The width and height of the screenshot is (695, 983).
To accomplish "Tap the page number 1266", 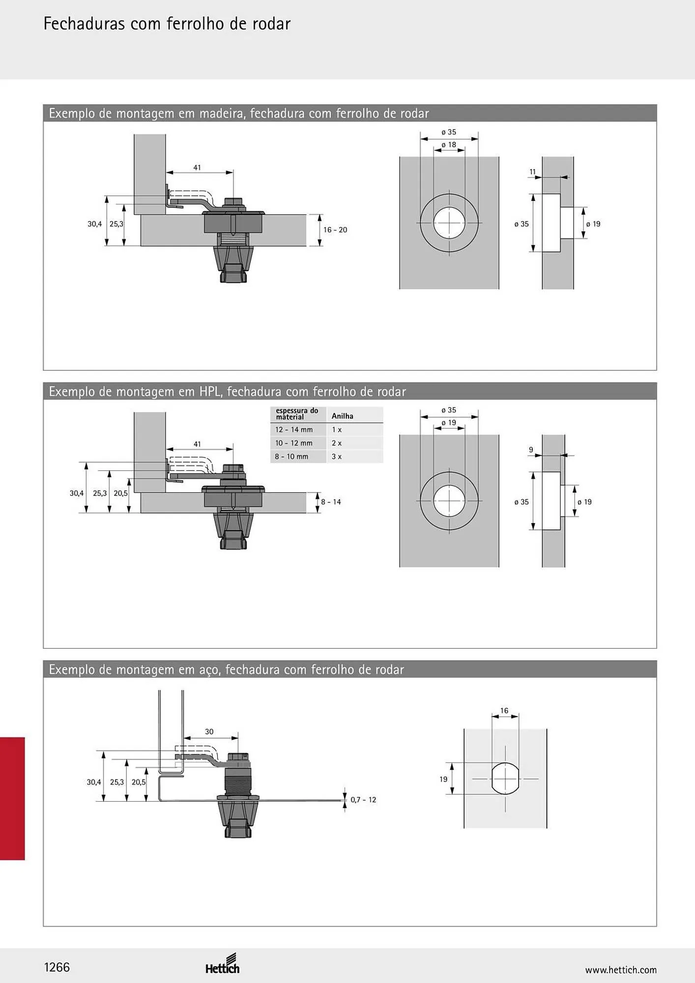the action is click(57, 967).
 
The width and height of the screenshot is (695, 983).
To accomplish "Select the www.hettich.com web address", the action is click(621, 970).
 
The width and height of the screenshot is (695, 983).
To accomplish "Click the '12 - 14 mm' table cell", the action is click(294, 430).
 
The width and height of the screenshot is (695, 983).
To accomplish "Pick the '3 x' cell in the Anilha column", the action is click(337, 457).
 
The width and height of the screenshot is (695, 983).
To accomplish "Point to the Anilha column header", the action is click(343, 416).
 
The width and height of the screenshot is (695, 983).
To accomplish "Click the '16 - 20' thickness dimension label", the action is click(335, 230).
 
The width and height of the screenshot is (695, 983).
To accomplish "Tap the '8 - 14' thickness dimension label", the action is click(331, 502).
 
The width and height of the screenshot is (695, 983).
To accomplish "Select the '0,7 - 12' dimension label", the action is click(363, 800).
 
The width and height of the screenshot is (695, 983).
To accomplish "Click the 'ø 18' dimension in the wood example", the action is click(449, 145).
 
